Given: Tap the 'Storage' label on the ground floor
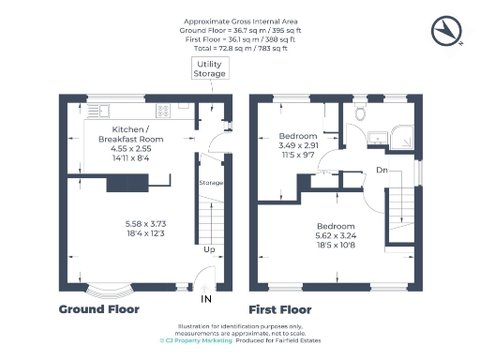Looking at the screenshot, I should tap(211, 183).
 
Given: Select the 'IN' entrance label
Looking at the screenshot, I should tap(206, 299).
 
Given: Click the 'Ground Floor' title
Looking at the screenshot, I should tap(98, 308).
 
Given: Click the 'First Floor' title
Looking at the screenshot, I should tap(279, 308).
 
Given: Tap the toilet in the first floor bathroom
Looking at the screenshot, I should tap(359, 114).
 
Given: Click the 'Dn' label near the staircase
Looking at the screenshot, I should tap(382, 170).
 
